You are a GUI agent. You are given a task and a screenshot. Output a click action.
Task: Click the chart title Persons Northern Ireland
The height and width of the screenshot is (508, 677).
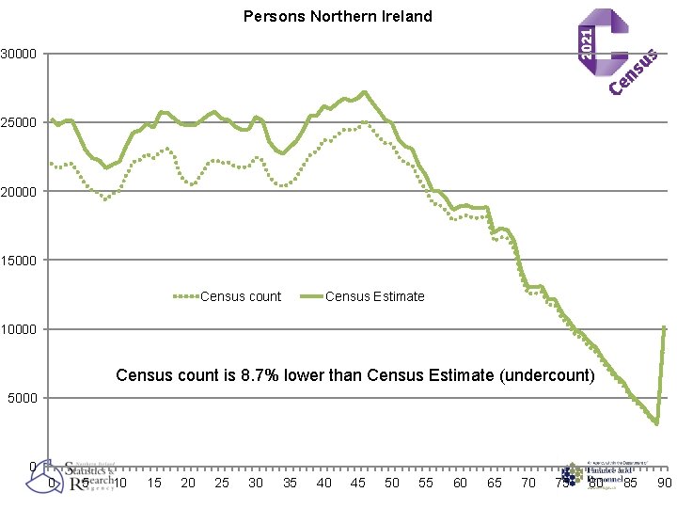338,16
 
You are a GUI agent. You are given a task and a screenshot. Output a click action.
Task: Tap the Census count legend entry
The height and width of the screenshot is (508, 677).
240,296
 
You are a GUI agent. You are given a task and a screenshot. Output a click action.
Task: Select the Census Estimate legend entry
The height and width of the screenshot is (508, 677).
374,296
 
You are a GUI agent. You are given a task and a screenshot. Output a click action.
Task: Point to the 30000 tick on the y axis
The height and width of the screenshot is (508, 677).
19,54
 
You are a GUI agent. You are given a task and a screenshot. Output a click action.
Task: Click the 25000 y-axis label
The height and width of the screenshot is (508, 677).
19,122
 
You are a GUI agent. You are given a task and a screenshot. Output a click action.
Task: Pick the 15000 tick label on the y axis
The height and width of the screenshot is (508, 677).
19,261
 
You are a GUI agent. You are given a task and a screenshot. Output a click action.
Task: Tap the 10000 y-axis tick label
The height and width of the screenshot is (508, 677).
19,329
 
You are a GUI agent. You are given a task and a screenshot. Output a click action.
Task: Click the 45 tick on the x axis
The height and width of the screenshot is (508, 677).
358,483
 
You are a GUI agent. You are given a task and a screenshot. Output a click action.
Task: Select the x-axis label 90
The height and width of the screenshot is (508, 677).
664,483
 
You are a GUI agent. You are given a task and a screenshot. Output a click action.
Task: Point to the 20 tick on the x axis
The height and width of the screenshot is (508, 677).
188,483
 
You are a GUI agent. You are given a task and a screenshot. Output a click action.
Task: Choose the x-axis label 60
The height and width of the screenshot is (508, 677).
460,483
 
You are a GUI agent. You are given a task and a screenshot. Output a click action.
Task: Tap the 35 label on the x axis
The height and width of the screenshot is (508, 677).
290,483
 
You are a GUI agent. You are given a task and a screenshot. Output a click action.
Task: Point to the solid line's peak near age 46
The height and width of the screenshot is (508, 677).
364,92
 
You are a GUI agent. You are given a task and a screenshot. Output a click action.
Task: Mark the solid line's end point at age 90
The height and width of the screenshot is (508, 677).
665,327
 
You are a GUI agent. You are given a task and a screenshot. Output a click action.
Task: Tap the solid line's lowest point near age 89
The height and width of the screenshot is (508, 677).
656,423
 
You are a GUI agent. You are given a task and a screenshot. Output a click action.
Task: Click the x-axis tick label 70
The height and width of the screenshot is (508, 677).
528,483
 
